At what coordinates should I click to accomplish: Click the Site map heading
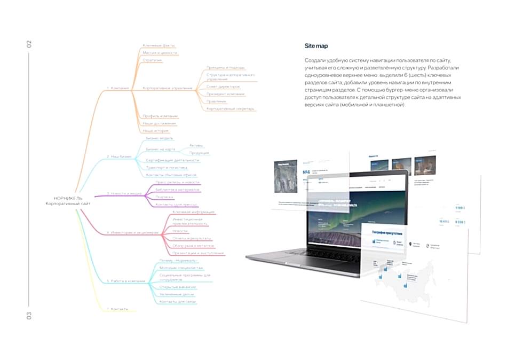(316, 46)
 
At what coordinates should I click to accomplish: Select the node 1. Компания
(118, 88)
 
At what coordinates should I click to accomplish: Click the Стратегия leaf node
(152, 60)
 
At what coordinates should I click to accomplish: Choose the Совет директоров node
(223, 85)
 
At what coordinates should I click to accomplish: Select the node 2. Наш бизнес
(119, 156)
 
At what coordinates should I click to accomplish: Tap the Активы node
(196, 145)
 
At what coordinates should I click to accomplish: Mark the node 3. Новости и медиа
(124, 193)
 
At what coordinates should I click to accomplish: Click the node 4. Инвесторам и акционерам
(132, 232)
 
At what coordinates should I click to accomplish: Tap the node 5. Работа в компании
(126, 280)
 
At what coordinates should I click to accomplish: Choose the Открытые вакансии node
(177, 287)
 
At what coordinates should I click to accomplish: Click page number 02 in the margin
(30, 45)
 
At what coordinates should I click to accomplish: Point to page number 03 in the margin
(30, 316)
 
